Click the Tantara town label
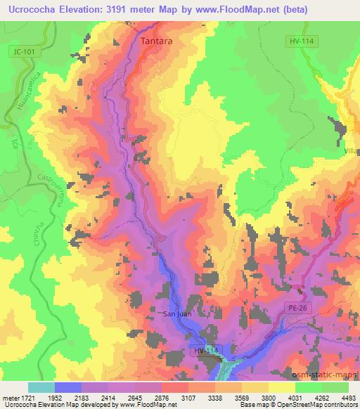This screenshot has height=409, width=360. coord(157,41)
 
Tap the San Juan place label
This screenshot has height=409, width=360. coord(176,314)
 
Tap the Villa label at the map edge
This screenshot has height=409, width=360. coord(352,150)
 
